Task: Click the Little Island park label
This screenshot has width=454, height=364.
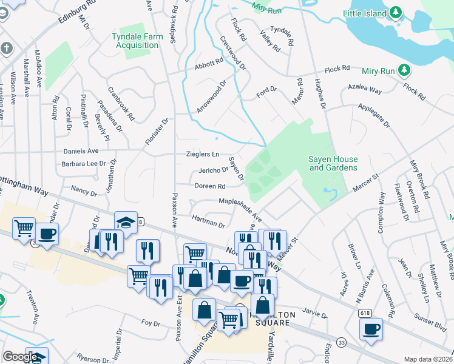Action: tap(364, 13)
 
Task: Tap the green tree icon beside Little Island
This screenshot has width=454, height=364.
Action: tap(396, 12)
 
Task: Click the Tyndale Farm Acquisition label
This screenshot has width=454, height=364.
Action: tap(138, 41)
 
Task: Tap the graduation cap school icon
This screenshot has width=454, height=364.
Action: tap(124, 223)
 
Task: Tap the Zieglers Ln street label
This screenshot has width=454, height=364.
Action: tap(202, 154)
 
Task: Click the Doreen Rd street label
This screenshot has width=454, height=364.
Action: tap(210, 186)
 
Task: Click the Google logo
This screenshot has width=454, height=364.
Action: tap(21, 357)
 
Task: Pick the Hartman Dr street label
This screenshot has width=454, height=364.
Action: tap(208, 220)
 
